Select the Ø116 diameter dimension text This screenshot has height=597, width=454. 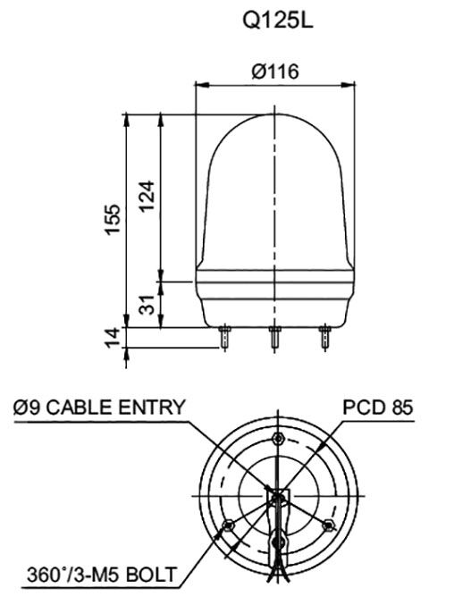(x=274, y=71)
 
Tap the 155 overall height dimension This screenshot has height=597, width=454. (x=113, y=218)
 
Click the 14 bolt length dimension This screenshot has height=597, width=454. (x=113, y=338)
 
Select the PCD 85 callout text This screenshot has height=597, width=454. (x=378, y=408)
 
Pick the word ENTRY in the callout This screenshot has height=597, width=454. (x=153, y=408)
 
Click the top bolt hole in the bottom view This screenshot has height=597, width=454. (x=280, y=438)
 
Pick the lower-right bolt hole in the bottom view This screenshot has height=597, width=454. (x=330, y=524)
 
